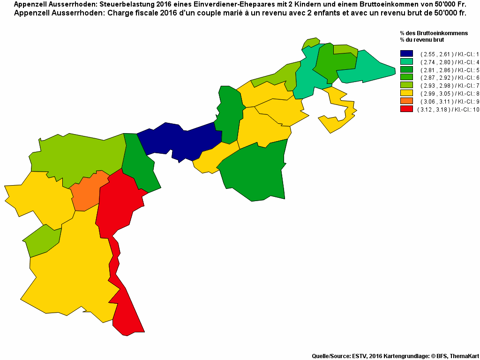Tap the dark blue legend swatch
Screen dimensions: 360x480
pyautogui.click(x=406, y=54)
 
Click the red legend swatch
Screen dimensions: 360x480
pyautogui.click(x=406, y=109)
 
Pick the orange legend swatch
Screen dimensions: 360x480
pyautogui.click(x=406, y=101)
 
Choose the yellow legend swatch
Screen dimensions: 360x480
pyautogui.click(x=406, y=93)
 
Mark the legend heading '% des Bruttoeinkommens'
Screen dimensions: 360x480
pyautogui.click(x=434, y=33)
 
